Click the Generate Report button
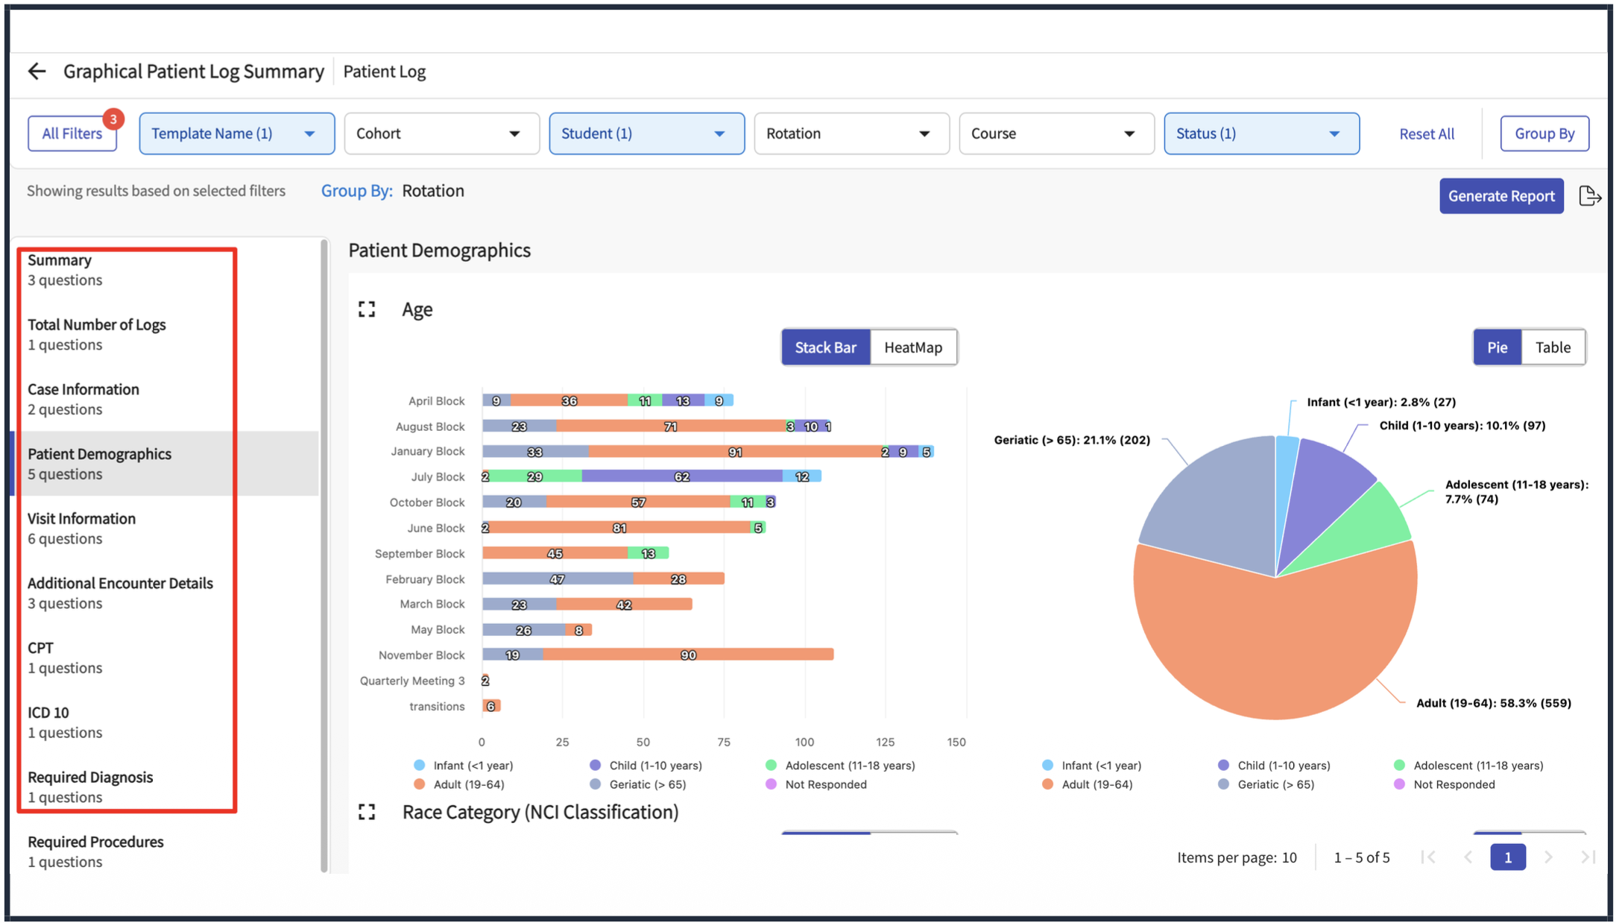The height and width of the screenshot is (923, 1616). pos(1501,196)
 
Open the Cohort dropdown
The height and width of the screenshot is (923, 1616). pos(441,133)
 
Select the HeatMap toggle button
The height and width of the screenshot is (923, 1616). pos(913,347)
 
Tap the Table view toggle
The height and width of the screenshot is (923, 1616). pos(1553,347)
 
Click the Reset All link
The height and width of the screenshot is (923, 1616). pos(1427,134)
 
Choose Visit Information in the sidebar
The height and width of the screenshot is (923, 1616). pos(82,528)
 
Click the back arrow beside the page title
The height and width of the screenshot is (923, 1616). pos(37,71)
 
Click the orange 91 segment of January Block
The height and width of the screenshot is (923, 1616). pos(734,452)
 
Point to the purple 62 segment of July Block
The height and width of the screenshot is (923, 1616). pos(682,476)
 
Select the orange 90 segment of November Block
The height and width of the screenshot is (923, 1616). pos(688,655)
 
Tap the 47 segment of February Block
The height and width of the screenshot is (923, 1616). pos(558,579)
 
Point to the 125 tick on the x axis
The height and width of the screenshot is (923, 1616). pos(886,742)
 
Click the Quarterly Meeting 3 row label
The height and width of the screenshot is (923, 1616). pos(412,681)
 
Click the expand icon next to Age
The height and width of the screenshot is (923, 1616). pos(367,309)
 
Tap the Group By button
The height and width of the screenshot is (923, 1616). pos(1544,133)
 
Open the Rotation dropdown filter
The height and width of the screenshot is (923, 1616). pos(851,133)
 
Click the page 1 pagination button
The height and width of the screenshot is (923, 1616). pos(1507,857)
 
